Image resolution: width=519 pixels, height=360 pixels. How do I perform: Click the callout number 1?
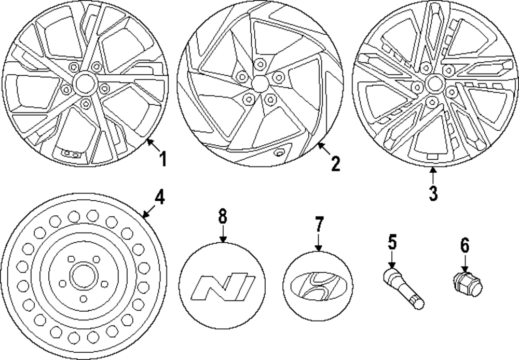coord(163,159)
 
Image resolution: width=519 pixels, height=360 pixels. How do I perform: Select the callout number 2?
coord(335,163)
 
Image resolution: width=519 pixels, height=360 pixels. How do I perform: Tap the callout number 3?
coord(433,192)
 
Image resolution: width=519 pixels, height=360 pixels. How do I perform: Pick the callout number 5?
coord(392,242)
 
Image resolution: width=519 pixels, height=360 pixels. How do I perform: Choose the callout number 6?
coord(464,244)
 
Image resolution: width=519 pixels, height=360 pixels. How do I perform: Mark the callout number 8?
coord(223,216)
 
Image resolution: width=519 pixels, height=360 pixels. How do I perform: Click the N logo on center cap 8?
coord(222,288)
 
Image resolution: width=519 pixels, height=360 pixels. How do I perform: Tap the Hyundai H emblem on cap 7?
coord(318,287)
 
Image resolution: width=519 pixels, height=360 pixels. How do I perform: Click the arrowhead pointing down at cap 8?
coord(223,240)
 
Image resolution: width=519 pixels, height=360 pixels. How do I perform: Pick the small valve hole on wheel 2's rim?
coord(280,153)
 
